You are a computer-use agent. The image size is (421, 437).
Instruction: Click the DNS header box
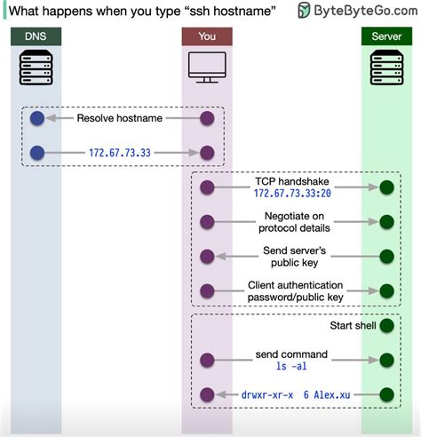pyautogui.click(x=36, y=36)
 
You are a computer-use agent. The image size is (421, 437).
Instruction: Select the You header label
pyautogui.click(x=207, y=36)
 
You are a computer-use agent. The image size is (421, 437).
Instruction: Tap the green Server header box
pyautogui.click(x=386, y=36)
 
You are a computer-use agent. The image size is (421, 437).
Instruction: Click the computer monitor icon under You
pyautogui.click(x=207, y=68)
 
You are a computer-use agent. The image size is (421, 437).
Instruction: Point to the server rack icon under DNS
pyautogui.click(x=36, y=68)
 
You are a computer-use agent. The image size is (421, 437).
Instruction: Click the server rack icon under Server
pyautogui.click(x=387, y=68)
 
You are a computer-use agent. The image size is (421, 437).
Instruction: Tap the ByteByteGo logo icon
pyautogui.click(x=304, y=10)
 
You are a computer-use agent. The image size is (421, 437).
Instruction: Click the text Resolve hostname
pyautogui.click(x=120, y=118)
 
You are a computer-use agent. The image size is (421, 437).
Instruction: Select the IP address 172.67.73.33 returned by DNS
pyautogui.click(x=120, y=153)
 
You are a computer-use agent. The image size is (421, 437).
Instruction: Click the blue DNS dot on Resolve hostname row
pyautogui.click(x=37, y=118)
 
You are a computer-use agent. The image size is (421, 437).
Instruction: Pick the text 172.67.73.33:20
pyautogui.click(x=292, y=194)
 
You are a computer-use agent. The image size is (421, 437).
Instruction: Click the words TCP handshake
pyautogui.click(x=292, y=181)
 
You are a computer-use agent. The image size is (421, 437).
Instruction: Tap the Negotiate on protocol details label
pyautogui.click(x=294, y=222)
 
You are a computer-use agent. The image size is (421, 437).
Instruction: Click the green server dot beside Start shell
pyautogui.click(x=387, y=326)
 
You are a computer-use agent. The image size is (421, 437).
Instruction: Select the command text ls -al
pyautogui.click(x=291, y=366)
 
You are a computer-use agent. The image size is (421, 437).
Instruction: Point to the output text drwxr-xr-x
pyautogui.click(x=267, y=395)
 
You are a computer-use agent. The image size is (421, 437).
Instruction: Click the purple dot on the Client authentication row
pyautogui.click(x=207, y=291)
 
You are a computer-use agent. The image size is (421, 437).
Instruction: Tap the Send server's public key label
pyautogui.click(x=295, y=257)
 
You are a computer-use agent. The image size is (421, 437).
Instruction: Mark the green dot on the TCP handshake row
pyautogui.click(x=387, y=187)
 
